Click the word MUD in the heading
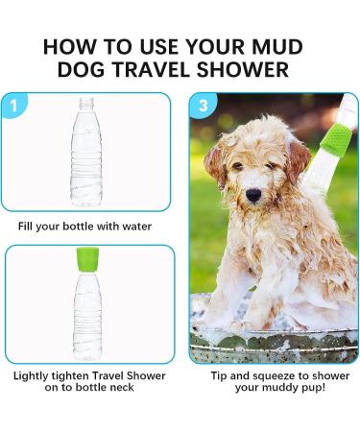[x=277, y=46]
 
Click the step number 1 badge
[x=13, y=105]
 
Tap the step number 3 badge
[x=204, y=106]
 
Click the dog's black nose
[x=253, y=195]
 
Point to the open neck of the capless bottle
[x=86, y=103]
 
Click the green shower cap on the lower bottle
[x=87, y=259]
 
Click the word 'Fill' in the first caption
[x=26, y=227]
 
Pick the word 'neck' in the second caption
[x=122, y=388]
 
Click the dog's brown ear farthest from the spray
[x=215, y=163]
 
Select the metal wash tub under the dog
[x=274, y=343]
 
